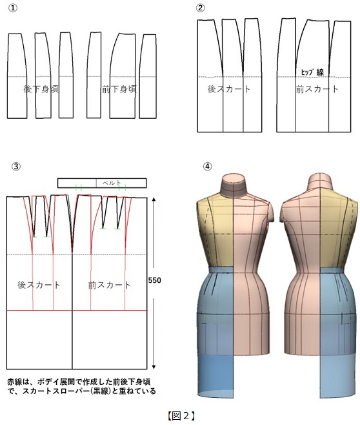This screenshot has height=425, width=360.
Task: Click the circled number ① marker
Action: pyautogui.click(x=13, y=8)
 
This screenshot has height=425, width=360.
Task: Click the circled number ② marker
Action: pyautogui.click(x=200, y=8)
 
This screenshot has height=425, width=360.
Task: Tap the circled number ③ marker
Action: pyautogui.click(x=16, y=166)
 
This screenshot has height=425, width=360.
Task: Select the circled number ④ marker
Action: pyautogui.click(x=207, y=166)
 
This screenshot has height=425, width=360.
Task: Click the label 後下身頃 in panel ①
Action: pyautogui.click(x=41, y=89)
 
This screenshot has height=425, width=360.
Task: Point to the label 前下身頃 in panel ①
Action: pyautogui.click(x=119, y=89)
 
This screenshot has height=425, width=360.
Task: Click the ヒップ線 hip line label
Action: pyautogui.click(x=313, y=72)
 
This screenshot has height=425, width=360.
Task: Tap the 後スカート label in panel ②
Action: pyautogui.click(x=229, y=89)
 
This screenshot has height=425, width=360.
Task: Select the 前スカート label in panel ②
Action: pyautogui.click(x=317, y=89)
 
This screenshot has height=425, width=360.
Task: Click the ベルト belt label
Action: pyautogui.click(x=112, y=183)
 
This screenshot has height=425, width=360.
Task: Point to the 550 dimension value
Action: pyautogui.click(x=155, y=280)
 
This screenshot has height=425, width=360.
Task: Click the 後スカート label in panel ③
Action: pyautogui.click(x=39, y=285)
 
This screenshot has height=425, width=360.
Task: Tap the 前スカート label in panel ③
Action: pyautogui.click(x=110, y=285)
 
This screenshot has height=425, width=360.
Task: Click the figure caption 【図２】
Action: pyautogui.click(x=181, y=415)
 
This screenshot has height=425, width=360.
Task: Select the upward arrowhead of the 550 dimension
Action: pyautogui.click(x=154, y=200)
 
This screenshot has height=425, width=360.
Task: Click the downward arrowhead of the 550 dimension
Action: pyautogui.click(x=154, y=367)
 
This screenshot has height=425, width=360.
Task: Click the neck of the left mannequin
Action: pyautogui.click(x=234, y=185)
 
